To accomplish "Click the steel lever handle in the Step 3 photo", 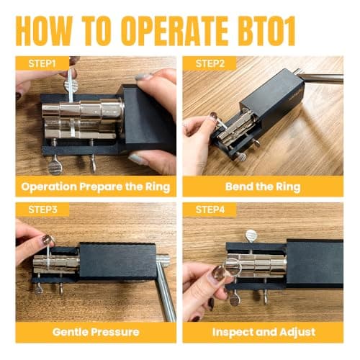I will click(166, 288).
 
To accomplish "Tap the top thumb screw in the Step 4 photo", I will click(251, 235).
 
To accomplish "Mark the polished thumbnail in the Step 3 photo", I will click(47, 239).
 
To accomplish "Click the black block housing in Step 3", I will click(115, 260).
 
